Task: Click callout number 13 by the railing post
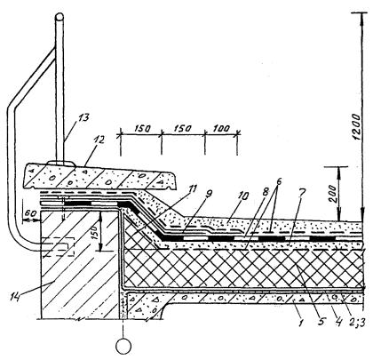point(83,118)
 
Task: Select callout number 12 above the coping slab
point(99,140)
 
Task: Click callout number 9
point(209,194)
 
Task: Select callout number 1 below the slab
point(301,322)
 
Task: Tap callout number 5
point(321,321)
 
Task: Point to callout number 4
point(337,322)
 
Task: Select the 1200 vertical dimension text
point(357,126)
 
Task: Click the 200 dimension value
point(333,193)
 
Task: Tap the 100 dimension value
point(221,129)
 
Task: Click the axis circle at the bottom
point(123,346)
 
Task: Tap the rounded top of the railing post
point(60,17)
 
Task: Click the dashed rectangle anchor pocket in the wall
point(58,246)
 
